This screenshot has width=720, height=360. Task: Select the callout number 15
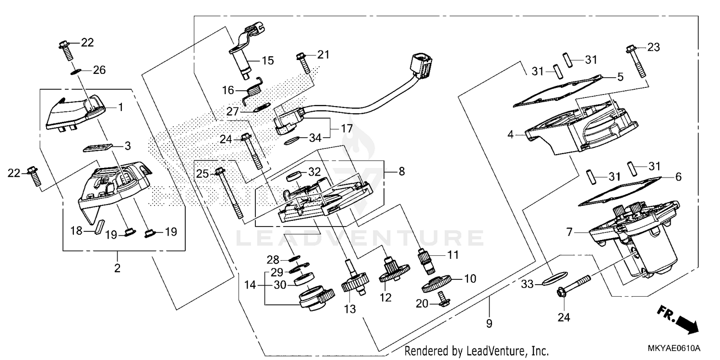point(267,61)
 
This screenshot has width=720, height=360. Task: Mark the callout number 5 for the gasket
point(620,76)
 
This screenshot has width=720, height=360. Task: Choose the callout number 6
point(678,177)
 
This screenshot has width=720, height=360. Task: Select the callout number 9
point(489,324)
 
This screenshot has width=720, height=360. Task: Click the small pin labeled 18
point(99,227)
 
